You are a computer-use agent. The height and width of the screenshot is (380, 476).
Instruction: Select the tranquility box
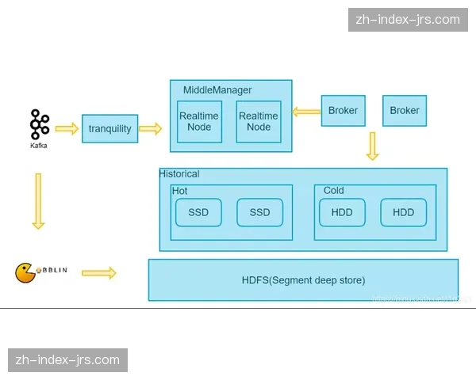tap(110, 129)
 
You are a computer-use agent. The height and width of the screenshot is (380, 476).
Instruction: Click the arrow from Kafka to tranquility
tap(67, 128)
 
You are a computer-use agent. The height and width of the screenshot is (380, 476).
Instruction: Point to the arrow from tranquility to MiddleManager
tap(149, 128)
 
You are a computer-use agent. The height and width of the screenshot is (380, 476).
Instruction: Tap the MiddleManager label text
tap(217, 90)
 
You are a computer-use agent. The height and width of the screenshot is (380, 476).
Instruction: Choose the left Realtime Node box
tap(199, 122)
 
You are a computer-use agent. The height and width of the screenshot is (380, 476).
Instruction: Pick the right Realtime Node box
tap(259, 122)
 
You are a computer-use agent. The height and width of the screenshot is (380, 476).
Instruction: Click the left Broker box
tap(343, 111)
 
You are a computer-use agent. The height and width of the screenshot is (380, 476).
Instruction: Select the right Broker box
tap(405, 111)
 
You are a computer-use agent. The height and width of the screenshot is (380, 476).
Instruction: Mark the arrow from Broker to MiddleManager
tap(305, 112)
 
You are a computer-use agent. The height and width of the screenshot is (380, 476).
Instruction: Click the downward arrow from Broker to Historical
tap(372, 146)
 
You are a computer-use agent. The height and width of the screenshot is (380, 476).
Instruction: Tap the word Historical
tap(179, 174)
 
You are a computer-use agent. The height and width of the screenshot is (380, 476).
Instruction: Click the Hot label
tap(180, 191)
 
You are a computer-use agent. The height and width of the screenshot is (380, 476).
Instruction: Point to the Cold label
tap(334, 191)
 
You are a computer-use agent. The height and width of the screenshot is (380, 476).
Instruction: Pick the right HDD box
tap(403, 212)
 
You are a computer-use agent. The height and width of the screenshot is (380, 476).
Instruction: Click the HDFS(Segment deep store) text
tap(303, 280)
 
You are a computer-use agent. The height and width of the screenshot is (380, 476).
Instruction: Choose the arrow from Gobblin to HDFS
tap(99, 273)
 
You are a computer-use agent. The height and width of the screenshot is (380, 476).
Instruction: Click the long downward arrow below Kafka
tap(37, 201)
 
